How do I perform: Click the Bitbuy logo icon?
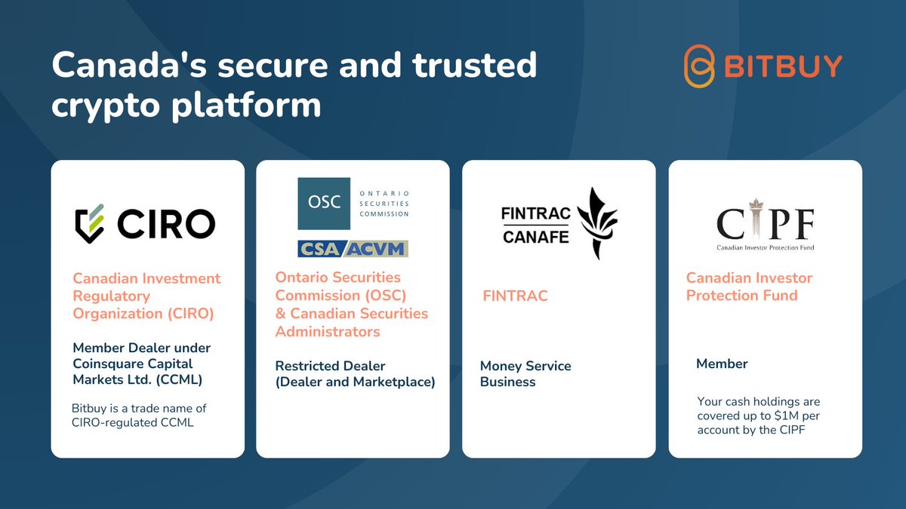[x=699, y=67]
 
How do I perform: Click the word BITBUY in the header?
[x=783, y=66]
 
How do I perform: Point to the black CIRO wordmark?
[x=167, y=222]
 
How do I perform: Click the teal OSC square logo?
[x=324, y=204]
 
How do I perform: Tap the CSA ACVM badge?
[x=353, y=248]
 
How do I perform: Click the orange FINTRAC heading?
[x=515, y=296]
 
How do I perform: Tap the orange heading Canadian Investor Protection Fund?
[x=749, y=287]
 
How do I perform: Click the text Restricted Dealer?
[x=330, y=366]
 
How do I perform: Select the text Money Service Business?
[x=525, y=374]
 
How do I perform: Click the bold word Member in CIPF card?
[x=722, y=363]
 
